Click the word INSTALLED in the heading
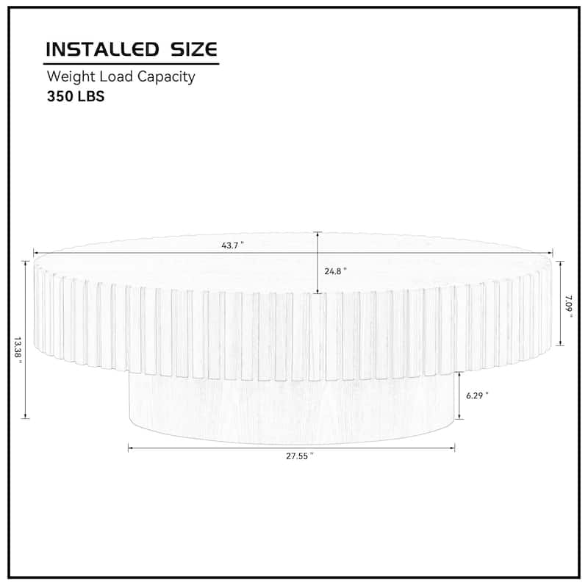coord(102,49)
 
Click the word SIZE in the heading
coord(194,49)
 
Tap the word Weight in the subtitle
coord(71,77)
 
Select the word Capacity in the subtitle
coord(166,77)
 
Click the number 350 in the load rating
coord(60,96)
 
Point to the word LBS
coord(91,96)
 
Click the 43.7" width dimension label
coord(232,245)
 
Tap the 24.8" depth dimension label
coord(336,271)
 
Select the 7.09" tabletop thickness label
coord(569,306)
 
